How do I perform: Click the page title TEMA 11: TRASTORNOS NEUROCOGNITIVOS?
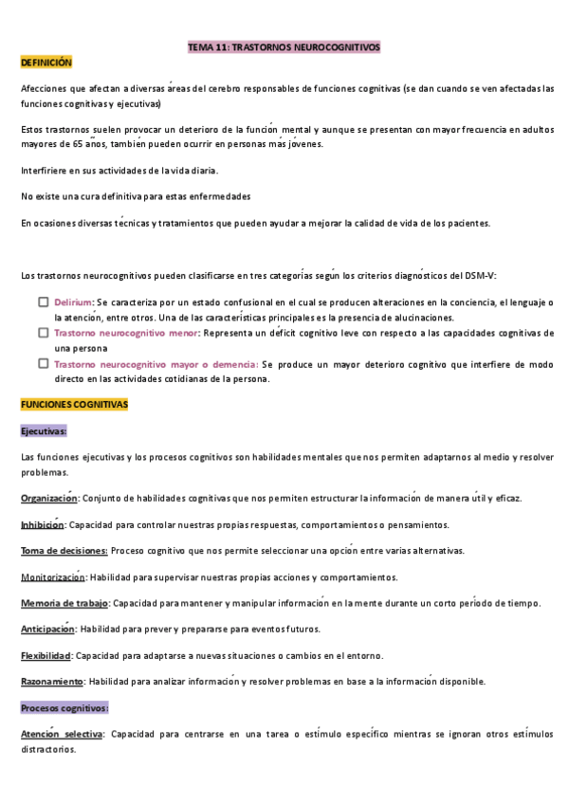(284, 46)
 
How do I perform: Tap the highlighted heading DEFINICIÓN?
(46, 62)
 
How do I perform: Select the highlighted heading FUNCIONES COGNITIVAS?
(74, 405)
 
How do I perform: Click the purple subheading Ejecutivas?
(44, 430)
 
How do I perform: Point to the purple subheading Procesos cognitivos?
(64, 707)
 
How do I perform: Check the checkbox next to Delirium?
(44, 301)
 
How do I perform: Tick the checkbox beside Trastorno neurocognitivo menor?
(44, 333)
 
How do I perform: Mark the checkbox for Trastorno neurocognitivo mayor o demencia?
(44, 363)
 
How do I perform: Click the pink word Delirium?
(73, 301)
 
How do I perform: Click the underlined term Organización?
(48, 499)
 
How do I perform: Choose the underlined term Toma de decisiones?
(64, 551)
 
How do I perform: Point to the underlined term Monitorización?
(53, 577)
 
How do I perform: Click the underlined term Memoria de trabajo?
(64, 603)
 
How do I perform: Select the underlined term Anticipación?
(46, 629)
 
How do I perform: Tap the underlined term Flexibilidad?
(46, 655)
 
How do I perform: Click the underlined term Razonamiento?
(51, 681)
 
